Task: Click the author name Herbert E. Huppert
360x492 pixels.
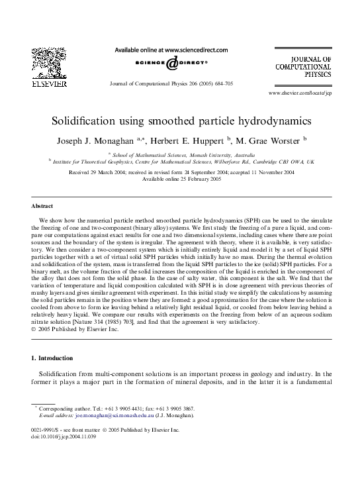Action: (190, 140)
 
